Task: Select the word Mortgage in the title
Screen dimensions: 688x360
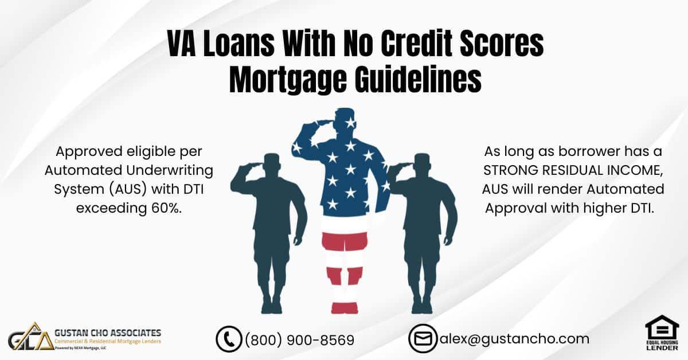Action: click(288, 80)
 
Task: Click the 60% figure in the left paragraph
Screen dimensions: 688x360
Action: click(166, 208)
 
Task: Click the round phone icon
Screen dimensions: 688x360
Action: click(229, 339)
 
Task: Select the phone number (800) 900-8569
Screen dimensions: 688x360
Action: click(299, 340)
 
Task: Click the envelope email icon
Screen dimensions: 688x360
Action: click(423, 338)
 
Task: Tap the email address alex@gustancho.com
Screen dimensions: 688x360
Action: click(514, 339)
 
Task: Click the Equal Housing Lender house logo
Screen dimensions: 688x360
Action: click(662, 332)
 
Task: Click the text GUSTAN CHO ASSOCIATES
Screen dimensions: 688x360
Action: click(108, 333)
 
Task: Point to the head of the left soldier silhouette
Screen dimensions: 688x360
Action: click(272, 163)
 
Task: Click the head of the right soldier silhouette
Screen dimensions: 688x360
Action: click(421, 163)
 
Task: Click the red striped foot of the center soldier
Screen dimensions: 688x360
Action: click(345, 307)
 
